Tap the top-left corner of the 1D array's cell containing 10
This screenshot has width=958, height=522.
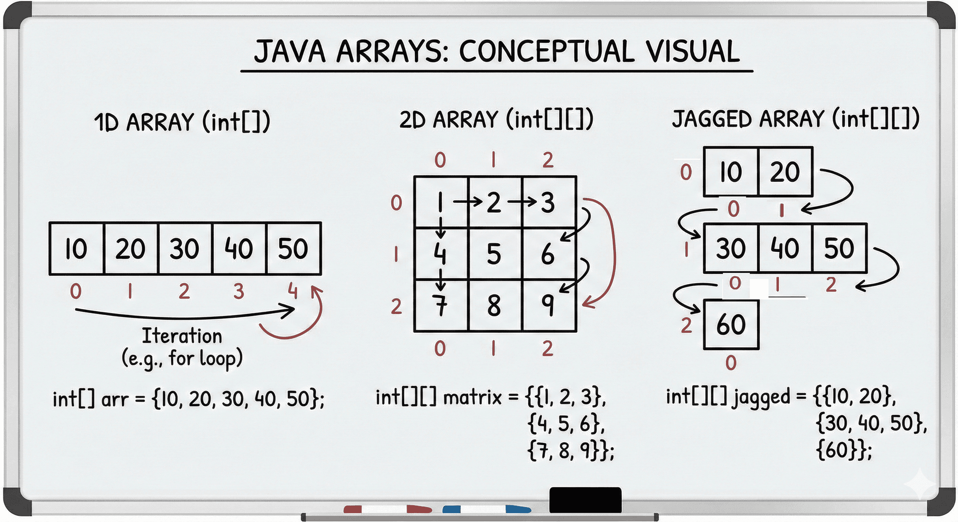(50, 223)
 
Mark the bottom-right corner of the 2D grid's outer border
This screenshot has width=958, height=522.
(576, 331)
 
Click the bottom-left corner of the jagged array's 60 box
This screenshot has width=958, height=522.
(704, 349)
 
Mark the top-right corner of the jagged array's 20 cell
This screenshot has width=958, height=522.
(813, 147)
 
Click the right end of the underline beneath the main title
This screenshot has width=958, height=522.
(753, 71)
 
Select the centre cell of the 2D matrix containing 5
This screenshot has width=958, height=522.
(495, 254)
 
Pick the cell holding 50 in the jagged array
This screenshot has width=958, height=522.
(840, 248)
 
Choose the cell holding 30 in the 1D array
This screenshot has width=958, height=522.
(185, 248)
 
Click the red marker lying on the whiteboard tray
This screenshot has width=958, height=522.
(388, 509)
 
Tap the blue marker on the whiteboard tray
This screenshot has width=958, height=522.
(486, 509)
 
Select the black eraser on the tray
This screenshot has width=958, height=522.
(585, 500)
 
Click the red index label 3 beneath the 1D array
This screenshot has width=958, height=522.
(239, 291)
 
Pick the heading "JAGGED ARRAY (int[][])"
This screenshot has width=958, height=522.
(796, 119)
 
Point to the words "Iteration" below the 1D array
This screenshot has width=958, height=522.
(182, 336)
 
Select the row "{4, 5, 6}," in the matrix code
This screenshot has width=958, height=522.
(566, 424)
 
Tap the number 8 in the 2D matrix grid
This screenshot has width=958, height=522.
(494, 306)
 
